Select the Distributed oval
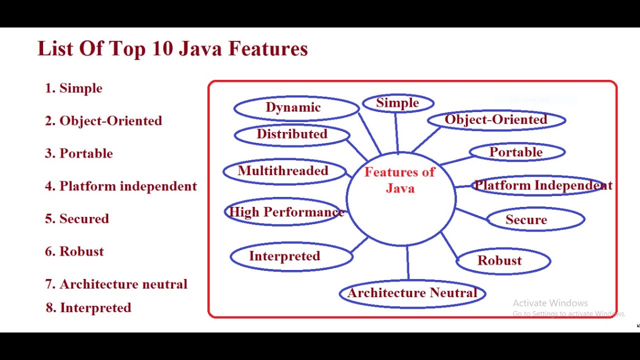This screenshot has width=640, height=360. (x=292, y=134)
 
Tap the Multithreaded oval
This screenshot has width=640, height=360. (x=284, y=171)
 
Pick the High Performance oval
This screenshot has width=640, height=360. (x=286, y=212)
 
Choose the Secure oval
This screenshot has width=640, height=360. (x=535, y=219)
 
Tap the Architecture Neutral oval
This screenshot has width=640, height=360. (x=412, y=293)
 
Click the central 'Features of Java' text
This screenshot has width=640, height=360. (x=400, y=180)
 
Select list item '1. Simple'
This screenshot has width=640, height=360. (x=73, y=88)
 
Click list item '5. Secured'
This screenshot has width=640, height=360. (x=77, y=219)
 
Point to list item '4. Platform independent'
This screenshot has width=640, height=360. (x=121, y=186)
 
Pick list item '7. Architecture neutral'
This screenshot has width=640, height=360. (x=116, y=284)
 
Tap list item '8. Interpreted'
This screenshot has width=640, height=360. (x=88, y=308)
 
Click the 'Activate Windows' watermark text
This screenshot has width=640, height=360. (x=550, y=303)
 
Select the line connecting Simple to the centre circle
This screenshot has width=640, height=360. (x=396, y=132)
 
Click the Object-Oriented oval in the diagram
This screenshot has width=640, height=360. (x=496, y=120)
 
